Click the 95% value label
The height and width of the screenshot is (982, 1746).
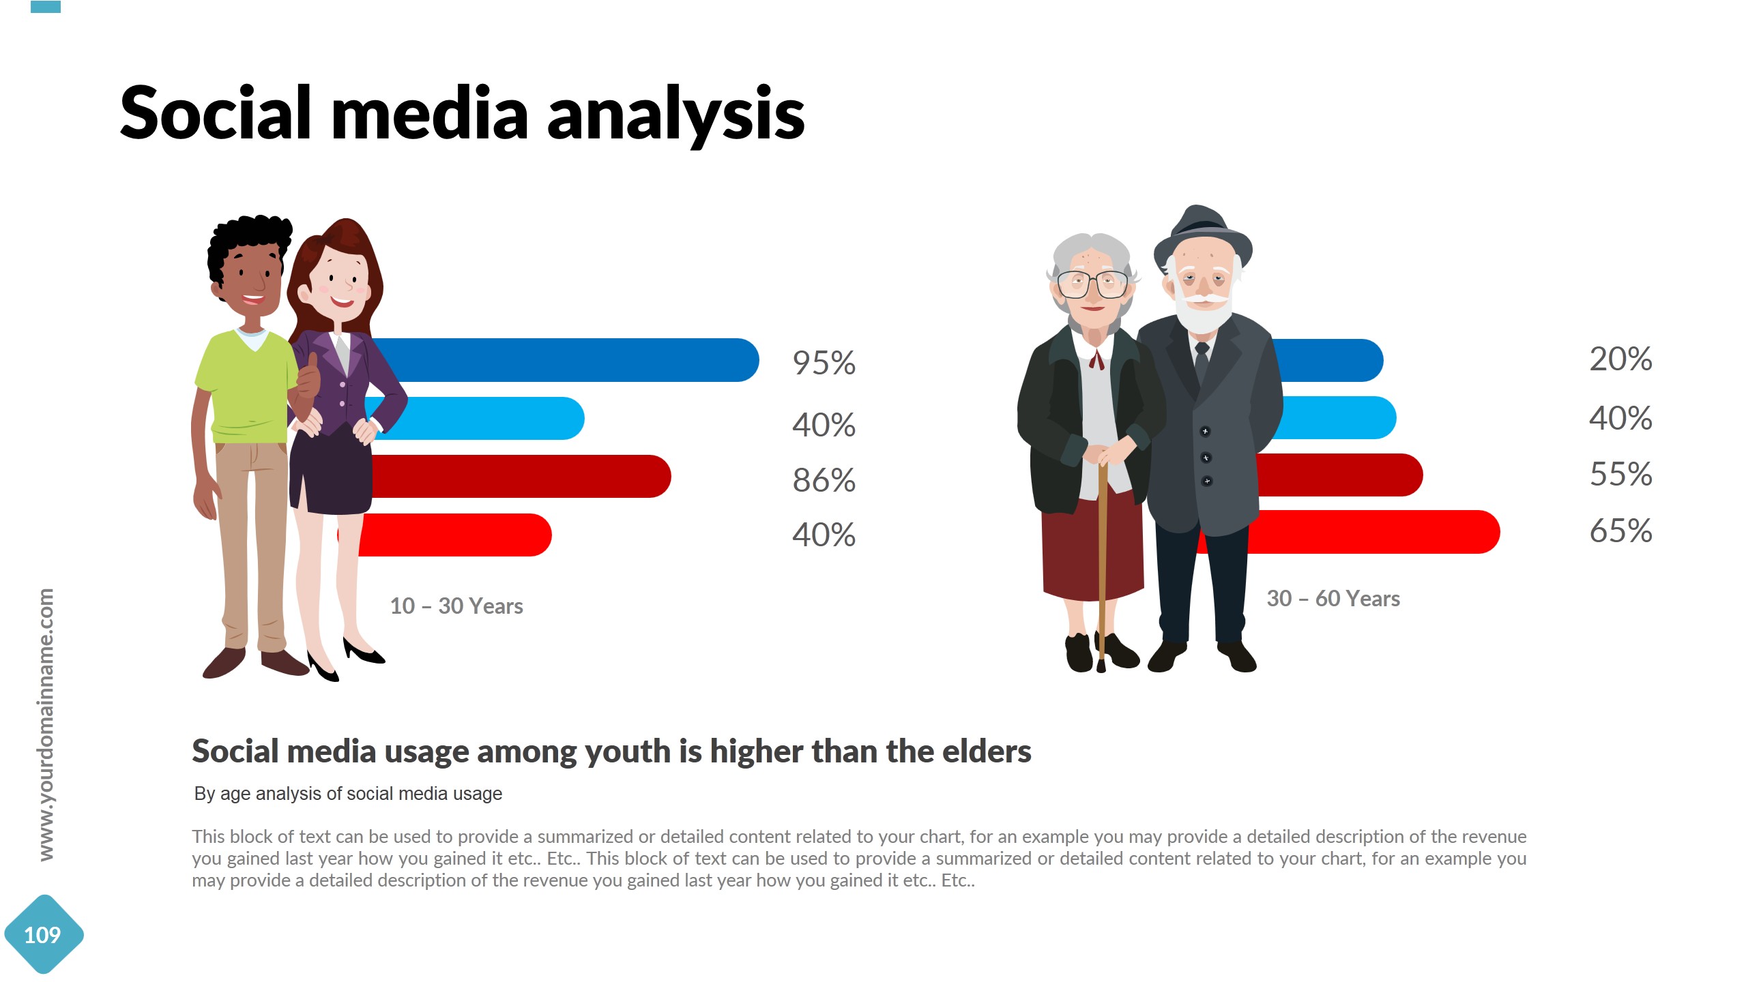point(824,363)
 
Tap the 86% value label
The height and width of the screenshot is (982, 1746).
point(824,480)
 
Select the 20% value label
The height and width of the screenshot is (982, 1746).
point(1620,359)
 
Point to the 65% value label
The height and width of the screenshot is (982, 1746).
point(1620,531)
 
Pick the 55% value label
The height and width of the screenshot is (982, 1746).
point(1620,475)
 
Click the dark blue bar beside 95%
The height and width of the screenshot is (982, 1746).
point(566,360)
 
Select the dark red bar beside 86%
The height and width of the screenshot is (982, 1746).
point(525,477)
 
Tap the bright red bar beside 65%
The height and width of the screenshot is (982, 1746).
point(1371,532)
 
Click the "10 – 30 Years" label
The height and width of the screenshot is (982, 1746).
point(456,606)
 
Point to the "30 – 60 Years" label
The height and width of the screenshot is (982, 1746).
point(1333,599)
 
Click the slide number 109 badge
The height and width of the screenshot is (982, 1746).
point(43,934)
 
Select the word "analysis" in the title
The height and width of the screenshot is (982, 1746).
point(675,114)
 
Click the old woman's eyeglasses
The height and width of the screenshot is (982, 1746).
point(1092,283)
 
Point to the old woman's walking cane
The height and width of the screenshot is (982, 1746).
point(1102,559)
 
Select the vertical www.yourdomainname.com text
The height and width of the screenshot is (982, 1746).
point(46,724)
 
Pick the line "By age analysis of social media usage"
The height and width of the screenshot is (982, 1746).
point(348,794)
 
